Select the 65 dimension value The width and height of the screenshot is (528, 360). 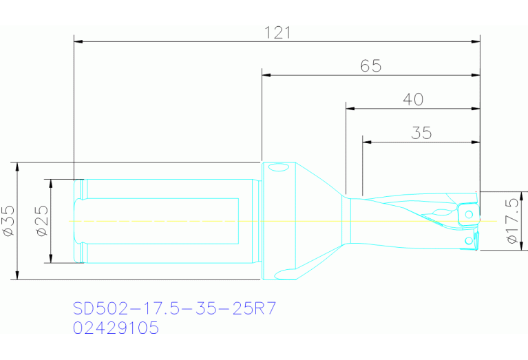click(x=370, y=66)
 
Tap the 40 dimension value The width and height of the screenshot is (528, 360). click(x=412, y=100)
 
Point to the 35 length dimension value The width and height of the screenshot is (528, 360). click(x=421, y=133)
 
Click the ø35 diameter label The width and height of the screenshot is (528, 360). click(x=9, y=221)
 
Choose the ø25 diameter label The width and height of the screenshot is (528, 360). click(x=42, y=221)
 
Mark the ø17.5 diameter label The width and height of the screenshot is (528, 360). click(x=511, y=221)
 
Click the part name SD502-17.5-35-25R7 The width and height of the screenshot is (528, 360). click(x=175, y=308)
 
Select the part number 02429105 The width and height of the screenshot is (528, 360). click(x=116, y=328)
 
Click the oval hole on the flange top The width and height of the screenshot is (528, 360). click(x=278, y=167)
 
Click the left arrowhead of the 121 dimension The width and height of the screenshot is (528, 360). click(x=78, y=41)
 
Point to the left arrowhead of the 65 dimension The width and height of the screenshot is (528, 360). click(x=266, y=74)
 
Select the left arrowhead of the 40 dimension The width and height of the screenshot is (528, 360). click(x=350, y=108)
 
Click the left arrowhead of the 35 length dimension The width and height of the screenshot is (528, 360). click(x=366, y=142)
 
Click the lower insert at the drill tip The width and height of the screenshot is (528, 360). click(x=470, y=240)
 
